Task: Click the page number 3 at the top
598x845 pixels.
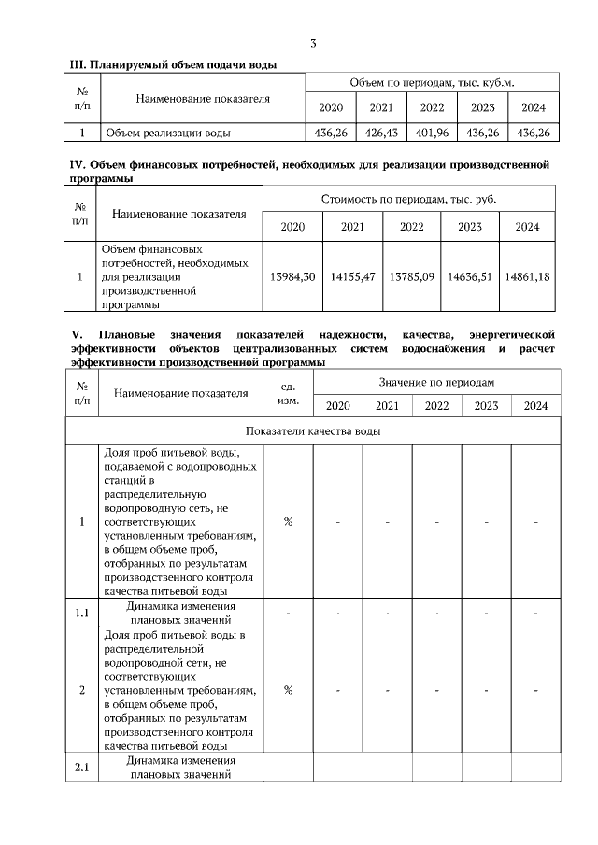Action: [x=314, y=44]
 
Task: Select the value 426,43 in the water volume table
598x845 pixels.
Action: [x=381, y=133]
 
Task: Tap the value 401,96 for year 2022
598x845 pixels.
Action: [x=432, y=133]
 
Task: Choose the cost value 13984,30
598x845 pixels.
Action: [x=292, y=277]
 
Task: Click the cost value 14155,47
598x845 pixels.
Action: [x=352, y=277]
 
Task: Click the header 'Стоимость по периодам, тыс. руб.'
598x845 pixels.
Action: [x=409, y=199]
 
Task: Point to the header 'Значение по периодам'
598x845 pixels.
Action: [x=435, y=383]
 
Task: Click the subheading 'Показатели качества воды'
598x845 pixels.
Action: [x=312, y=431]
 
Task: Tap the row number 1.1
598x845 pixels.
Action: [x=82, y=613]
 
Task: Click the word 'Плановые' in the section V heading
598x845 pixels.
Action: [x=123, y=333]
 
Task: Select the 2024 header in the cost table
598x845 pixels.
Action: [x=527, y=227]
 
